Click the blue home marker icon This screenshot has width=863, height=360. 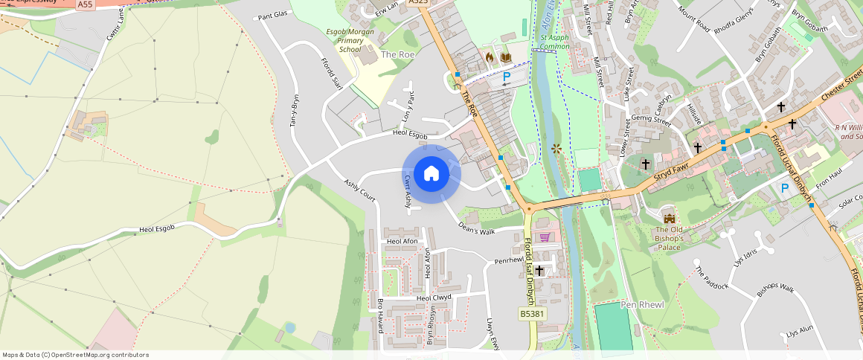click(431, 174)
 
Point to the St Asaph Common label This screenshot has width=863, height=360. click(554, 42)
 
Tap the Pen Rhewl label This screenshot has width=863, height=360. click(620, 305)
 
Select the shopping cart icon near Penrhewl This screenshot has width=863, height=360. click(545, 237)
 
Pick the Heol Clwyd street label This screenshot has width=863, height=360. click(434, 298)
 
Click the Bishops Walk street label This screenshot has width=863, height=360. click(775, 289)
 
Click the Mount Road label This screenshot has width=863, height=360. click(693, 19)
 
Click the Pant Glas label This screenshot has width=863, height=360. click(272, 15)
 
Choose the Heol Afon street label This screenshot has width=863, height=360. click(402, 242)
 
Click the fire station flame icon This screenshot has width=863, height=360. click(490, 57)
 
